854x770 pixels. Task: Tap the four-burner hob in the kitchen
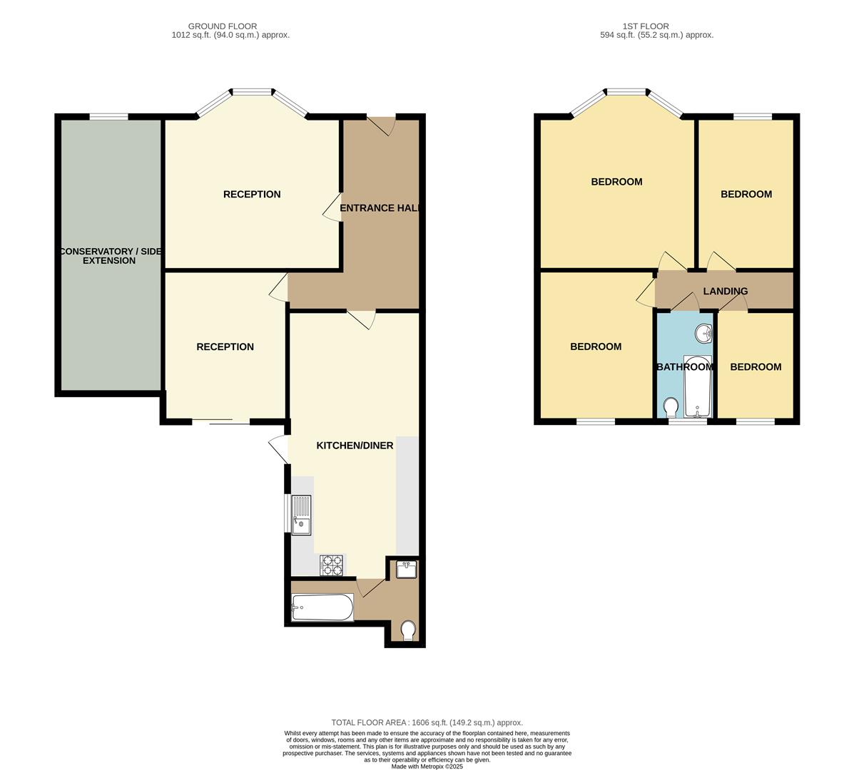pyautogui.click(x=332, y=565)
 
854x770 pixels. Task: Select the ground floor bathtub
pyautogui.click(x=322, y=607)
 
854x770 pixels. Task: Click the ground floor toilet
pyautogui.click(x=408, y=630)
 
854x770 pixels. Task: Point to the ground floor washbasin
pyautogui.click(x=407, y=570)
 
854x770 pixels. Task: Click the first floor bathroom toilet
pyautogui.click(x=671, y=408)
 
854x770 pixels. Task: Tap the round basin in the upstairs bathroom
pyautogui.click(x=703, y=333)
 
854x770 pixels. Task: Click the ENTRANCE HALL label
pyautogui.click(x=380, y=208)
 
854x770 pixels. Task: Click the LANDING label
pyautogui.click(x=725, y=291)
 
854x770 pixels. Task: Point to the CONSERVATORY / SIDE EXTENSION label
pyautogui.click(x=109, y=256)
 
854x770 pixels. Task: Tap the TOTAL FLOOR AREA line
pyautogui.click(x=427, y=722)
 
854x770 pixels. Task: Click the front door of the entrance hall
pyautogui.click(x=382, y=123)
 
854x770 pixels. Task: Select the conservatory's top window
pyautogui.click(x=109, y=116)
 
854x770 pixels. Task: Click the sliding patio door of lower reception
pyautogui.click(x=220, y=422)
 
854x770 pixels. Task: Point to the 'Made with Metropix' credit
pyautogui.click(x=427, y=766)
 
